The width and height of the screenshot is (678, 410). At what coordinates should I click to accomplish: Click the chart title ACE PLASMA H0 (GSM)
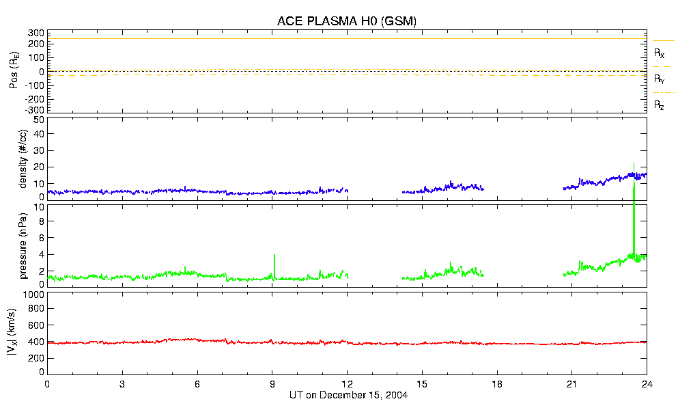347,21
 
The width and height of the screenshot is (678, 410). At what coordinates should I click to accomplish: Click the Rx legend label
660,53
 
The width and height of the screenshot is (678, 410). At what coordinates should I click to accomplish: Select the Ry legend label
660,79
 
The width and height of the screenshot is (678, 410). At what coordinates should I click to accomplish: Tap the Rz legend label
660,105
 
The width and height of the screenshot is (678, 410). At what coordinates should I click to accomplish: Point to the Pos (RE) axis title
14,70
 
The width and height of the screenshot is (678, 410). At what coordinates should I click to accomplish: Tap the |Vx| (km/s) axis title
14,333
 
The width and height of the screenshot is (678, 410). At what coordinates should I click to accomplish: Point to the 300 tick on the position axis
36,33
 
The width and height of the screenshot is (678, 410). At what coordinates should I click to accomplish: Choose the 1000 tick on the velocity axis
33,295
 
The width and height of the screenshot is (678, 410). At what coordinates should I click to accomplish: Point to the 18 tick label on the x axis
497,385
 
